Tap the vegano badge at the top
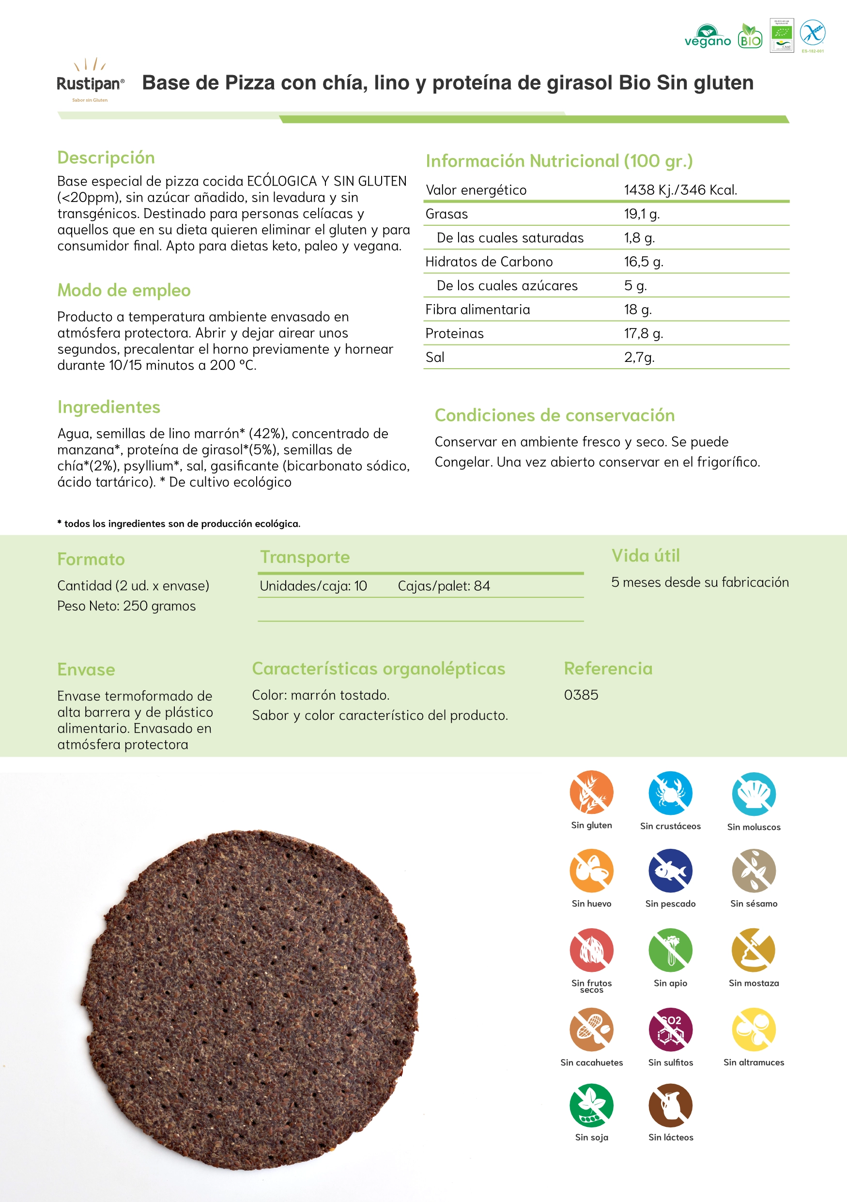(708, 37)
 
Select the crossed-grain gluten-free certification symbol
(813, 33)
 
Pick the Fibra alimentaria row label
(477, 310)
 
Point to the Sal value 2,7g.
(639, 357)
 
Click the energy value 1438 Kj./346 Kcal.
(680, 189)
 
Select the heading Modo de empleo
(124, 290)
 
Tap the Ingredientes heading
(109, 407)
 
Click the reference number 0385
(581, 695)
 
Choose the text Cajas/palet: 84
(444, 586)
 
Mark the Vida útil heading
(646, 555)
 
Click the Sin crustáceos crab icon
(670, 793)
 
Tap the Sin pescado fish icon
(670, 871)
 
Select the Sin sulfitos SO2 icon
(670, 1029)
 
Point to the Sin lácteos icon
(670, 1105)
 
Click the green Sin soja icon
(591, 1105)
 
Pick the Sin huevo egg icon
(591, 871)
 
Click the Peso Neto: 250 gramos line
(126, 606)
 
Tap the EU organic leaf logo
(782, 33)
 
